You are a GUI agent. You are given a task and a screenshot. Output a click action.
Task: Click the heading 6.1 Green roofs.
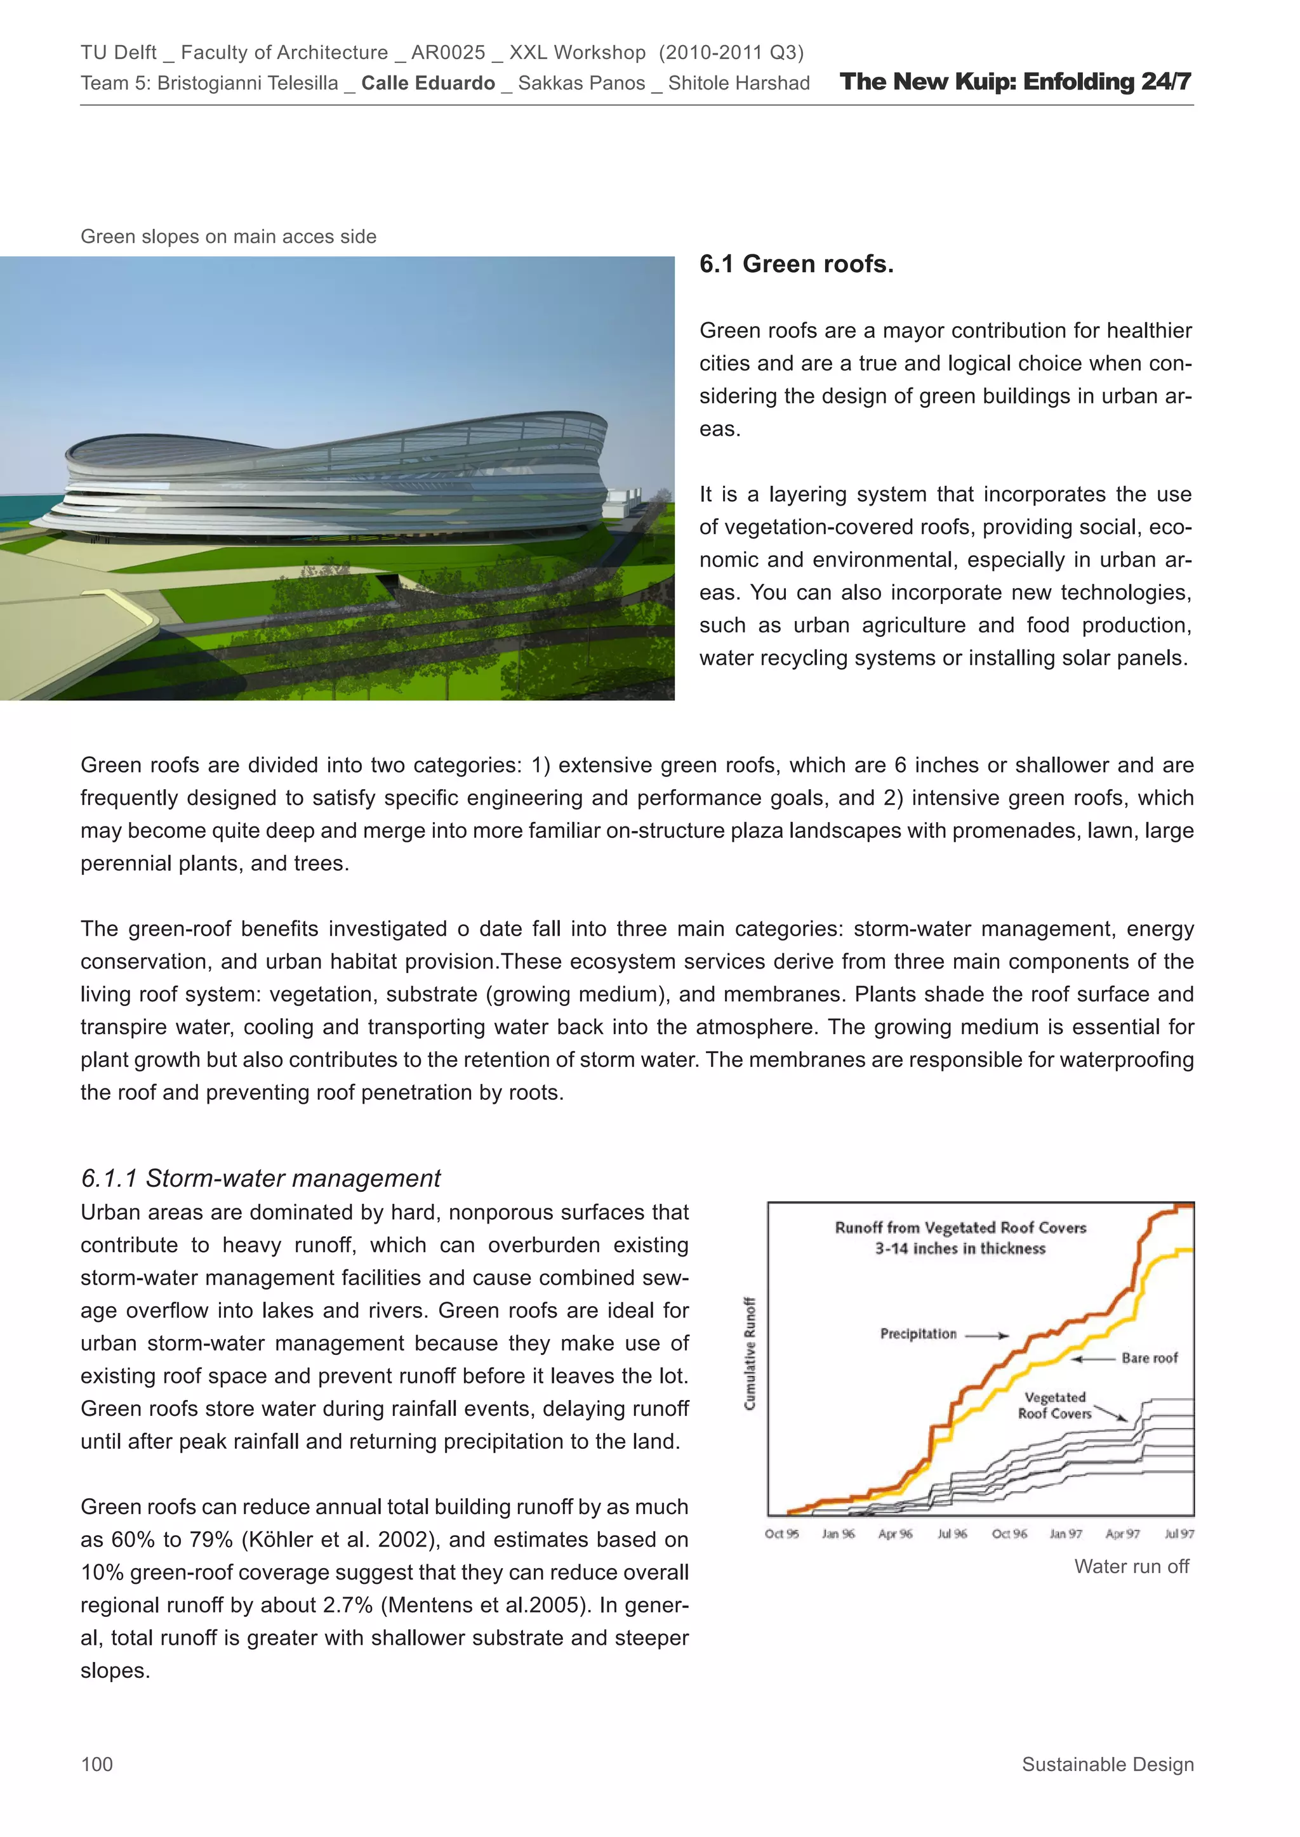pos(796,264)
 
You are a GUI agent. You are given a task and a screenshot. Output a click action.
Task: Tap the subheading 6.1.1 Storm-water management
pos(260,1178)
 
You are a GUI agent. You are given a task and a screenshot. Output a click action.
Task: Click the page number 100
pos(97,1764)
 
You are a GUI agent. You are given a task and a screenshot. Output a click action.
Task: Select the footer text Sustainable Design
pos(1107,1764)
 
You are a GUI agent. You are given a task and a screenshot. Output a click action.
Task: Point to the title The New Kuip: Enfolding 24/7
pos(1015,82)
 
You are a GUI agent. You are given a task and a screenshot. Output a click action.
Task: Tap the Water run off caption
pos(1131,1566)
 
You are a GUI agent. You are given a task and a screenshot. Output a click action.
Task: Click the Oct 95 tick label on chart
pos(781,1534)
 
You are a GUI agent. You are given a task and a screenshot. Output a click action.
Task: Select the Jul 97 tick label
pos(1178,1534)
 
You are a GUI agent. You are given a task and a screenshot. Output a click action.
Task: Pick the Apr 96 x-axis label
pos(895,1534)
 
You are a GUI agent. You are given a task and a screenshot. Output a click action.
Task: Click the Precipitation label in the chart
pos(918,1334)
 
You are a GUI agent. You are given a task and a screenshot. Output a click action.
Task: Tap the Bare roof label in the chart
pos(1150,1357)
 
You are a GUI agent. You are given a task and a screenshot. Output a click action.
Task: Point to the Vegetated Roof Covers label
pos(1054,1405)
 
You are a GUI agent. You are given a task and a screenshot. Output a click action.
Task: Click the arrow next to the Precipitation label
pos(987,1335)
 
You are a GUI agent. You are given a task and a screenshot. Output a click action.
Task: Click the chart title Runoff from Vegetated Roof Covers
pos(960,1227)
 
